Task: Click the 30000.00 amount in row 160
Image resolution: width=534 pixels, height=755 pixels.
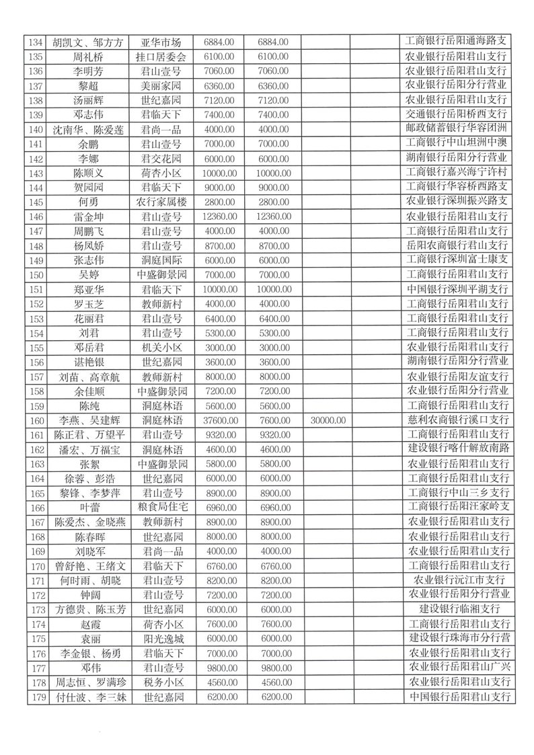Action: point(329,420)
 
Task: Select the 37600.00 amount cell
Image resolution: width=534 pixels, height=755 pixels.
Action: point(217,420)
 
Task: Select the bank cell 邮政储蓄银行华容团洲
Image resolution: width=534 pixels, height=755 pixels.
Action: point(457,128)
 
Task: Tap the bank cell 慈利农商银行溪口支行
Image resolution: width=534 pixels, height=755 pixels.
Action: point(457,420)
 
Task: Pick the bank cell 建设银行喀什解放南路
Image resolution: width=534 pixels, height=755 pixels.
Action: point(457,448)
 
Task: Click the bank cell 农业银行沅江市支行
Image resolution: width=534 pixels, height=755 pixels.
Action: point(457,580)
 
